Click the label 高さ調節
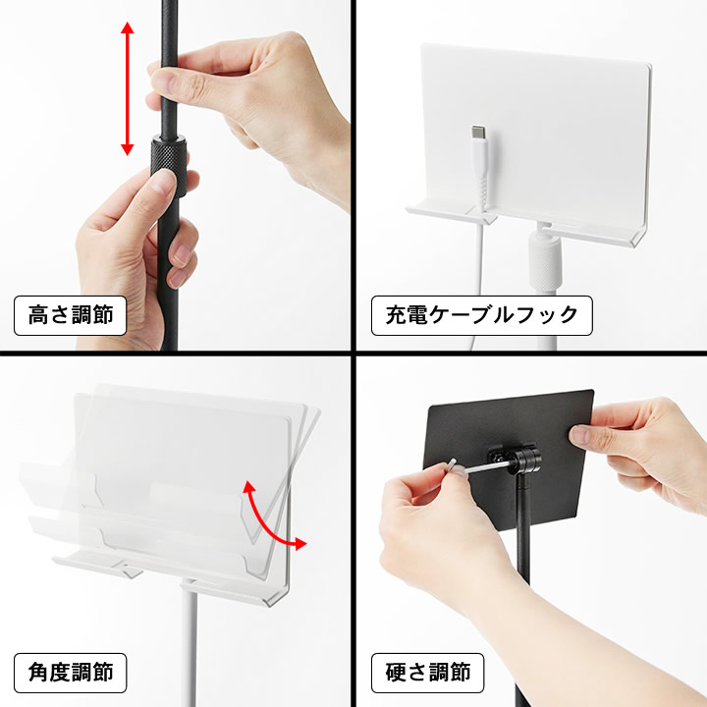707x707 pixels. coord(70,315)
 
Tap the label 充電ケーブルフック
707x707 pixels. coord(481,315)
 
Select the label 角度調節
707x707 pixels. coord(70,673)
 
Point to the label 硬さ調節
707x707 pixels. coord(427,673)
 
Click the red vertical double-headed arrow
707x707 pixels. coord(127,88)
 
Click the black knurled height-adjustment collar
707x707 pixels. coord(169,166)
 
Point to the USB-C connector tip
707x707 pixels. coord(478,133)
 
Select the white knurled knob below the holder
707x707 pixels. coord(545,262)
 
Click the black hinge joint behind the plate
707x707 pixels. coord(524,460)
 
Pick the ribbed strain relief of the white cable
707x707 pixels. coord(480,190)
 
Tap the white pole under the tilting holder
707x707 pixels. coord(189,645)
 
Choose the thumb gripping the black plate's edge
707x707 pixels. coord(586,434)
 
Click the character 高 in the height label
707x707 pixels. coord(38,315)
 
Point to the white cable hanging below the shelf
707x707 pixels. coord(476,289)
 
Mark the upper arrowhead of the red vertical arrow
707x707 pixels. coord(127,27)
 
